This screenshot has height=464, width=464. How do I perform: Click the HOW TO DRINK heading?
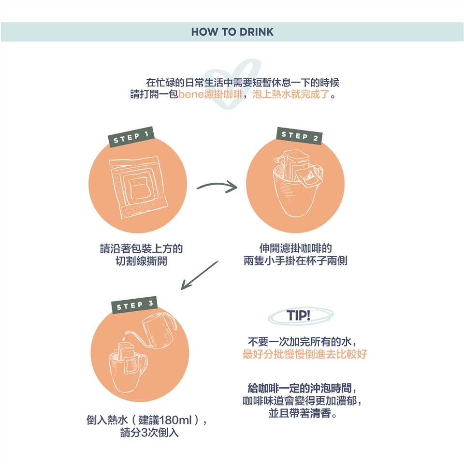(232, 32)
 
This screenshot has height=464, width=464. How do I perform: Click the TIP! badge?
(299, 316)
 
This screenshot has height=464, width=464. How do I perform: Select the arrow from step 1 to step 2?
(217, 186)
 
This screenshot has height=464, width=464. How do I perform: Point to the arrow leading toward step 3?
(199, 275)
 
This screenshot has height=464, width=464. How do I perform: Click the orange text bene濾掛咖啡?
(211, 94)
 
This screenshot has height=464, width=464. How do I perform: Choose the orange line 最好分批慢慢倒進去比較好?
(304, 354)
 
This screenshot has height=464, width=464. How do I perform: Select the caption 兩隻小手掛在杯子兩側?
(295, 261)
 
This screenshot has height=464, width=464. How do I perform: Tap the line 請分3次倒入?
(149, 432)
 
